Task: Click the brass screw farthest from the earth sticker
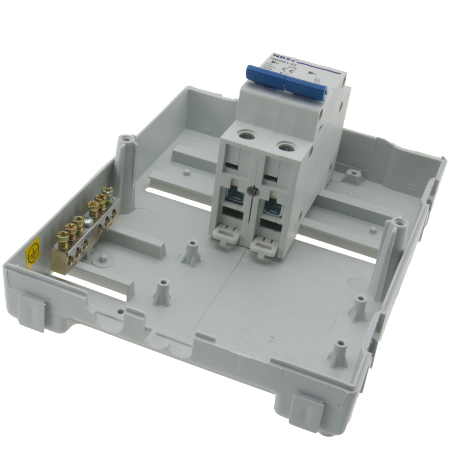pyautogui.click(x=108, y=192)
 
